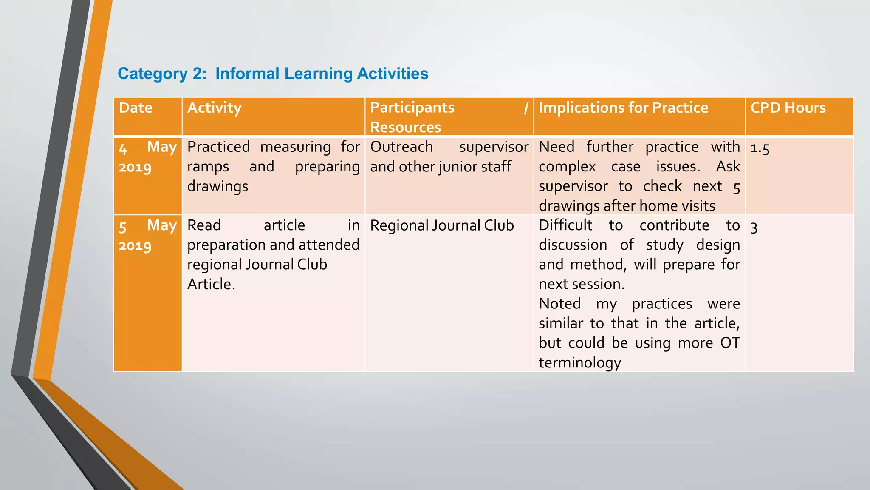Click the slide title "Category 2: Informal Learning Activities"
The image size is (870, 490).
(x=273, y=74)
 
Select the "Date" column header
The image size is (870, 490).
(x=136, y=108)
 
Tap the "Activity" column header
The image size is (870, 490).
(x=215, y=108)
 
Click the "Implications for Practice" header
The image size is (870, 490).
(x=623, y=108)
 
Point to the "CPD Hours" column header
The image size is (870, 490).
(x=788, y=108)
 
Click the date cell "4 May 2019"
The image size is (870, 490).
(x=147, y=157)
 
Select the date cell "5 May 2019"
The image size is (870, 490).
(x=147, y=235)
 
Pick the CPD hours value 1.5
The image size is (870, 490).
(x=760, y=148)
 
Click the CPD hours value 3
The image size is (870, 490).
(x=754, y=228)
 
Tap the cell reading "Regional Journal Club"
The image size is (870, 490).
(x=442, y=225)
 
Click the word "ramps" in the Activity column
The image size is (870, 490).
(x=208, y=167)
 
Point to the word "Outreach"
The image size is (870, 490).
(x=401, y=147)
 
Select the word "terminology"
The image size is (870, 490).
(x=580, y=363)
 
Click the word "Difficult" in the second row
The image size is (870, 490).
(x=565, y=225)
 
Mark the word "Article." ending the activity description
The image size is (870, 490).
(x=211, y=284)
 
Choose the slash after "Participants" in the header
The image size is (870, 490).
(x=526, y=108)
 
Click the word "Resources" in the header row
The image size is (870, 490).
(x=406, y=128)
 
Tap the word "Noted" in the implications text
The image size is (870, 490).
(x=559, y=304)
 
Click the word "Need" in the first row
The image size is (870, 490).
(x=556, y=147)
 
